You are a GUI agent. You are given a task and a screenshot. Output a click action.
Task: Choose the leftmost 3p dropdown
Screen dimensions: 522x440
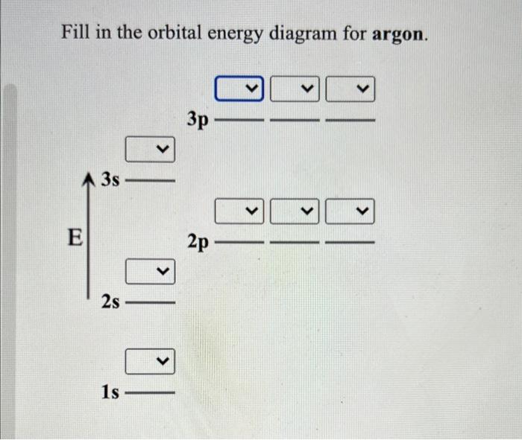pyautogui.click(x=240, y=90)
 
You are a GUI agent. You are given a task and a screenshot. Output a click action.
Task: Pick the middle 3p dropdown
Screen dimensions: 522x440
pyautogui.click(x=294, y=90)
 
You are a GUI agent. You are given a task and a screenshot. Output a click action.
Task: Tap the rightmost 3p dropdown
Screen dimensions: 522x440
pyautogui.click(x=350, y=90)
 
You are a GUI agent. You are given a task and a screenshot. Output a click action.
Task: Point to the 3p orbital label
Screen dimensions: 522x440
pyautogui.click(x=198, y=118)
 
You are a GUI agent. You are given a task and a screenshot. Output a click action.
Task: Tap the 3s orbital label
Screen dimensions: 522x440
pyautogui.click(x=111, y=179)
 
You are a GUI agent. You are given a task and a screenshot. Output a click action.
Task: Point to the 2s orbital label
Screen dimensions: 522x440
pyautogui.click(x=111, y=302)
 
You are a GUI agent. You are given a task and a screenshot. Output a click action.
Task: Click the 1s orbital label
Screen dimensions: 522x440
pyautogui.click(x=110, y=391)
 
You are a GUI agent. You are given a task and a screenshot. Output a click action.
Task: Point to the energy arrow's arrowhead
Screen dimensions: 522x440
pyautogui.click(x=90, y=177)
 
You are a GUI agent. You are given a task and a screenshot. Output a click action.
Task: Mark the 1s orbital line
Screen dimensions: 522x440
pyautogui.click(x=150, y=392)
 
